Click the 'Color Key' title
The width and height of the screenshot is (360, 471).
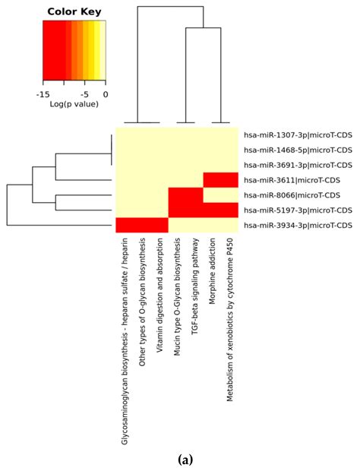74,11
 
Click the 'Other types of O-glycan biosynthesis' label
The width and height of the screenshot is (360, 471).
142,294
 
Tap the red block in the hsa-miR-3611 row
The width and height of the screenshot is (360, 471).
220,180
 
